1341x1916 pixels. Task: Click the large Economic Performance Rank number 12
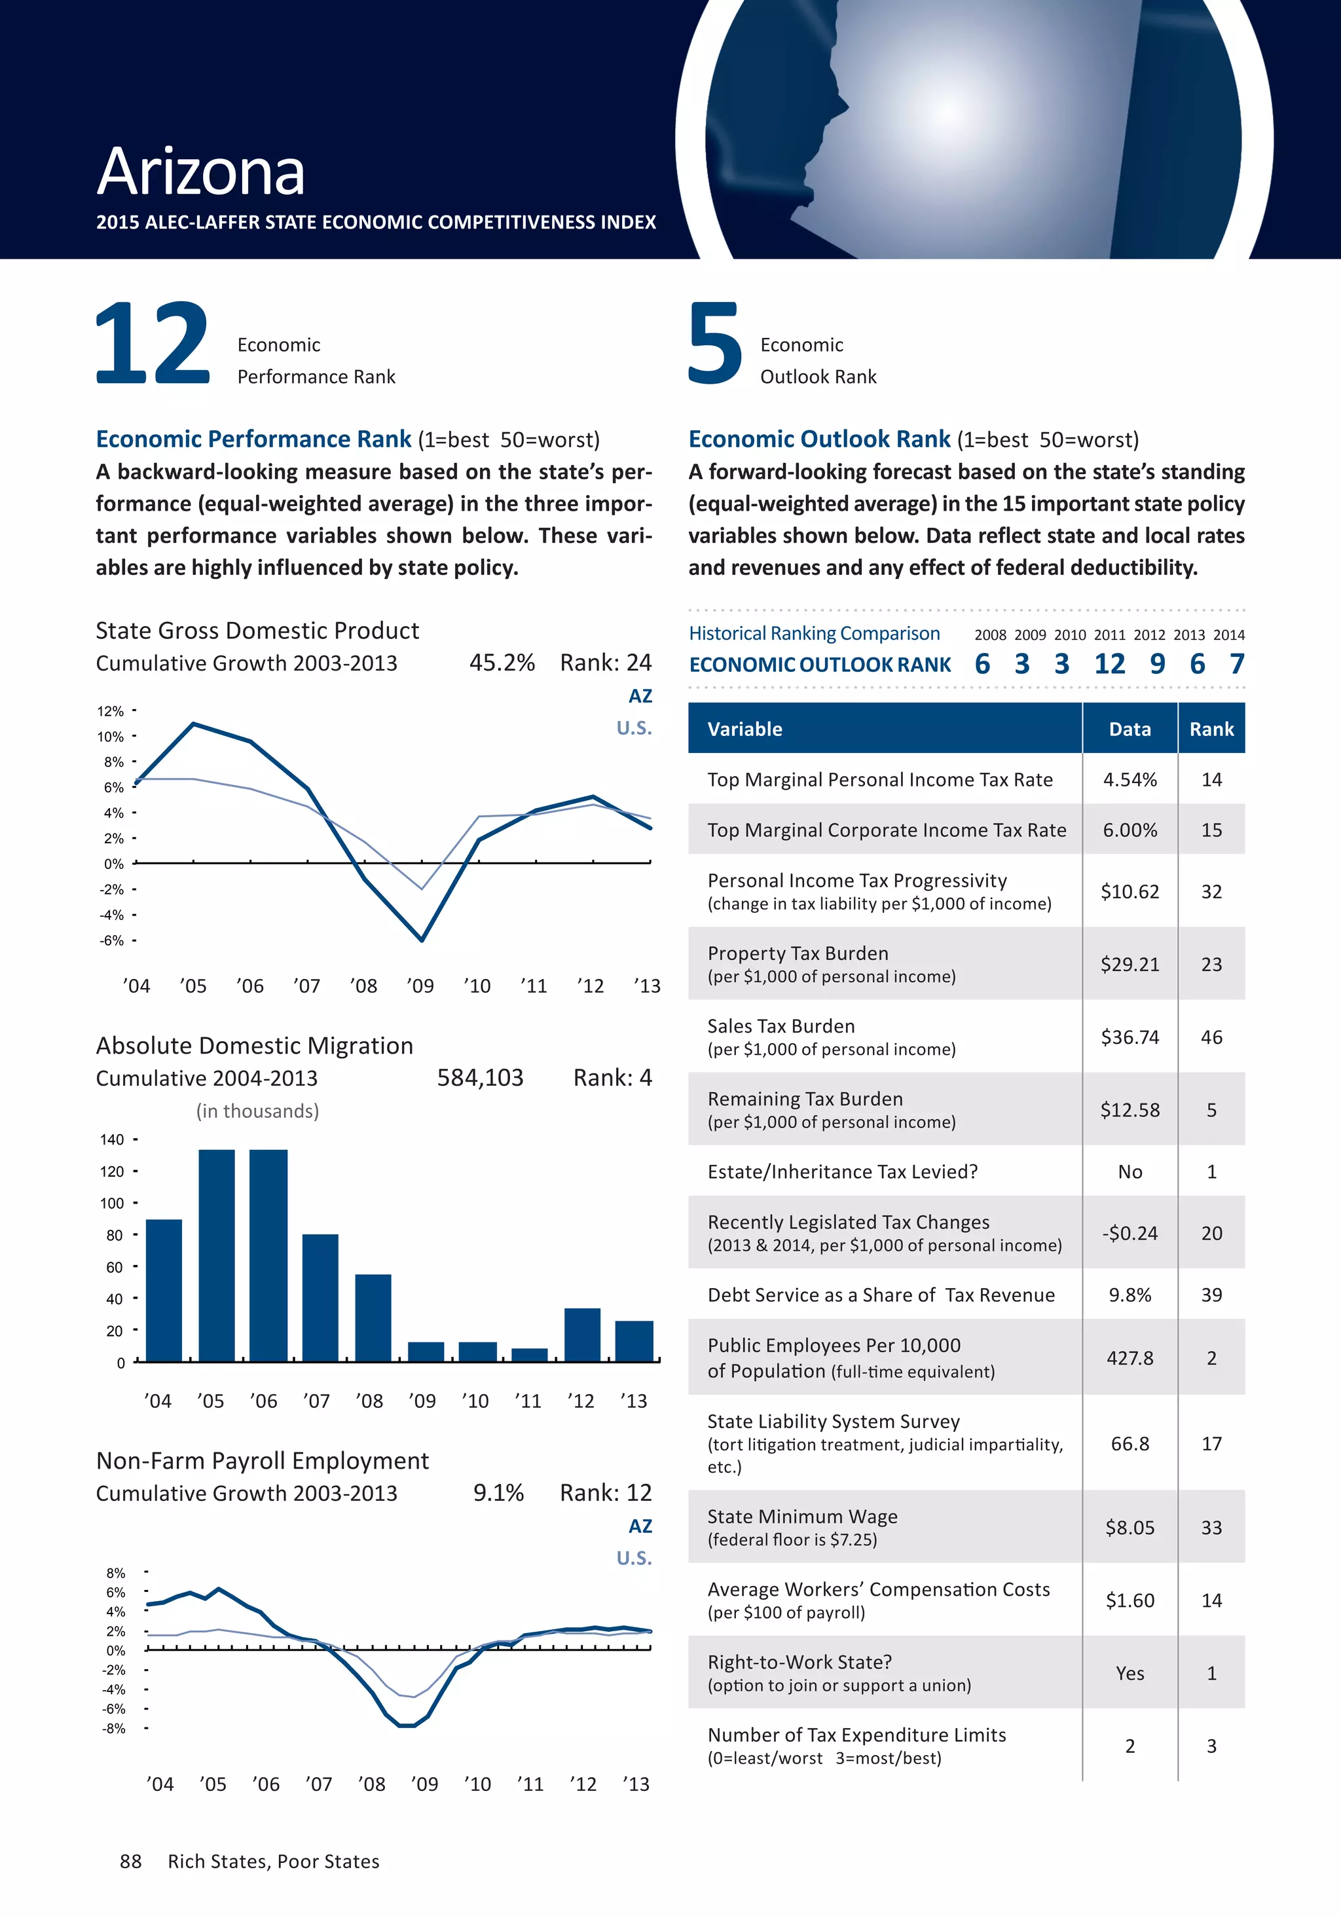pyautogui.click(x=152, y=343)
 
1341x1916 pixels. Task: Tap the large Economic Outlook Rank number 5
pyautogui.click(x=714, y=343)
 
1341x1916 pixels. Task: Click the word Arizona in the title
pyautogui.click(x=200, y=172)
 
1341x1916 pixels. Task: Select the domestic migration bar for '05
pyautogui.click(x=216, y=1255)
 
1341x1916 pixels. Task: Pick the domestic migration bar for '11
pyautogui.click(x=529, y=1354)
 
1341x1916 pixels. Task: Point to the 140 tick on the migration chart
pyautogui.click(x=112, y=1140)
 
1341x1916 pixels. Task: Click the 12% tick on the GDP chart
pyautogui.click(x=110, y=712)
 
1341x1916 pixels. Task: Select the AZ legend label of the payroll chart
pyautogui.click(x=640, y=1526)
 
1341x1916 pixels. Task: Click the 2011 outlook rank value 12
pyautogui.click(x=1109, y=664)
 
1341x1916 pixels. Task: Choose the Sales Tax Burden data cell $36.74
pyautogui.click(x=1130, y=1037)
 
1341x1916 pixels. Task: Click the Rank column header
pyautogui.click(x=1211, y=729)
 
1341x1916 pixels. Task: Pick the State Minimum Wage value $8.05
pyautogui.click(x=1130, y=1528)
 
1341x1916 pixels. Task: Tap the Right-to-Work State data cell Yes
pyautogui.click(x=1130, y=1673)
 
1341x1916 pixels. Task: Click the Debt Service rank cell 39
pyautogui.click(x=1211, y=1295)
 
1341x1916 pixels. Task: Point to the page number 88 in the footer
pyautogui.click(x=131, y=1862)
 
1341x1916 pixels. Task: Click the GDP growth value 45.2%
pyautogui.click(x=502, y=663)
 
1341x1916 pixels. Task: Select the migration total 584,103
pyautogui.click(x=480, y=1078)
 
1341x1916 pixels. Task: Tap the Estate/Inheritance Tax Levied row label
pyautogui.click(x=842, y=1171)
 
